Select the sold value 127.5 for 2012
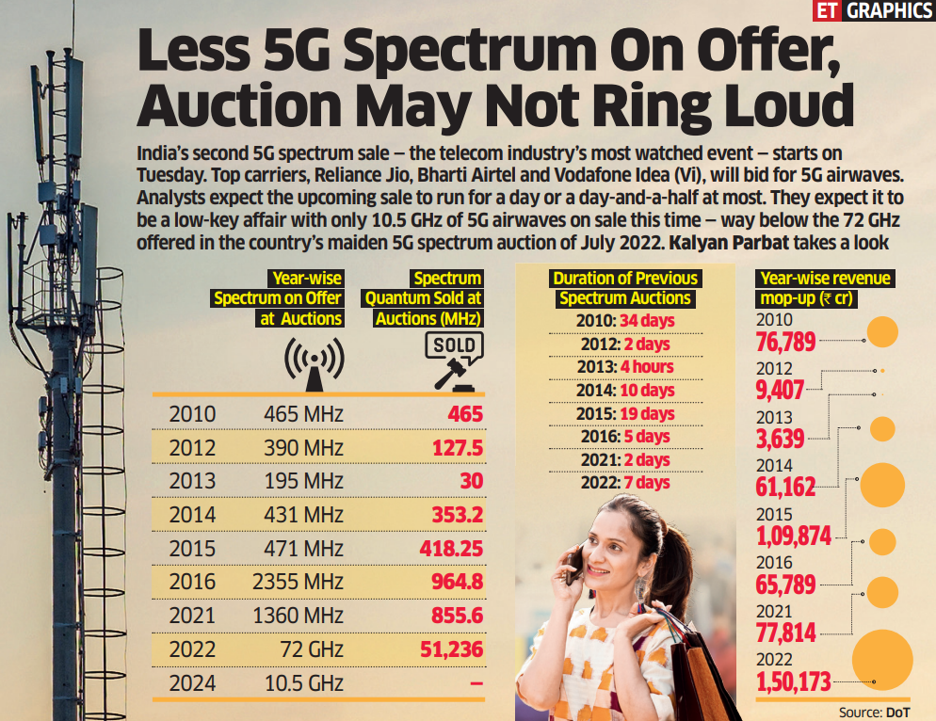tap(457, 447)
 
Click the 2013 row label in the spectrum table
tap(192, 481)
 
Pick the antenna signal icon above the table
tap(314, 365)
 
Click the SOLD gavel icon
tap(448, 361)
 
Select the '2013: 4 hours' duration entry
tap(625, 366)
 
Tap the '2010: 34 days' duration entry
tap(625, 321)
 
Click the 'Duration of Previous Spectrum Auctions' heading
tap(625, 288)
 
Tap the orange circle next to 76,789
tap(882, 332)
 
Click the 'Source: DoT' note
tap(875, 712)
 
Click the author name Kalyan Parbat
tap(729, 242)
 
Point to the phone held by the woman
tap(573, 562)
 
